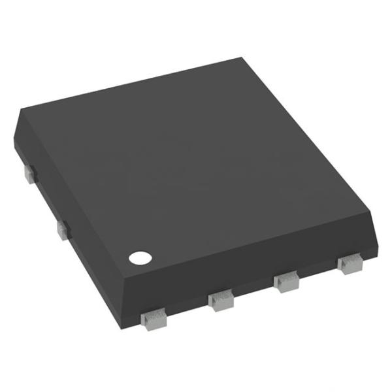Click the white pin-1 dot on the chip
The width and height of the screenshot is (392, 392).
click(139, 257)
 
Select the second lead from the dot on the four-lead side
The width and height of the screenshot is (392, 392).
click(221, 300)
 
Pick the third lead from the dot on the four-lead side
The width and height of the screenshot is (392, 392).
click(286, 283)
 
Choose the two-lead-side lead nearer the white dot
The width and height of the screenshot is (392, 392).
click(63, 229)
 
